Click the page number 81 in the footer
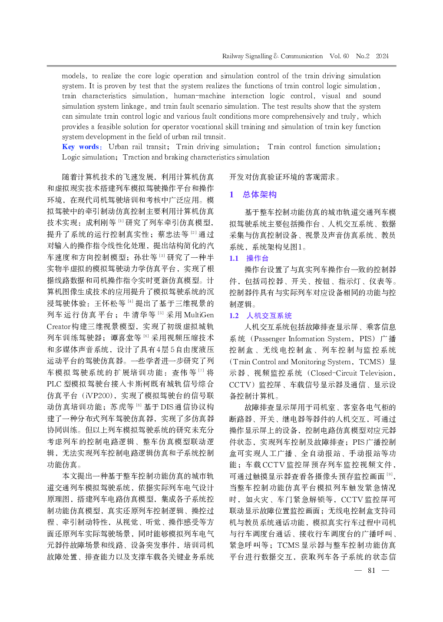point(371,570)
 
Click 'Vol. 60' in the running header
point(339,56)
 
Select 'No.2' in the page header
point(363,56)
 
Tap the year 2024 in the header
point(382,56)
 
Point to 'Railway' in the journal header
point(233,56)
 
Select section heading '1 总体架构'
point(254,194)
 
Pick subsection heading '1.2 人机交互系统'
point(261,316)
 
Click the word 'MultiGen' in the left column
point(199,315)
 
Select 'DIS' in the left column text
point(167,407)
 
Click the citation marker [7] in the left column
point(201,371)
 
